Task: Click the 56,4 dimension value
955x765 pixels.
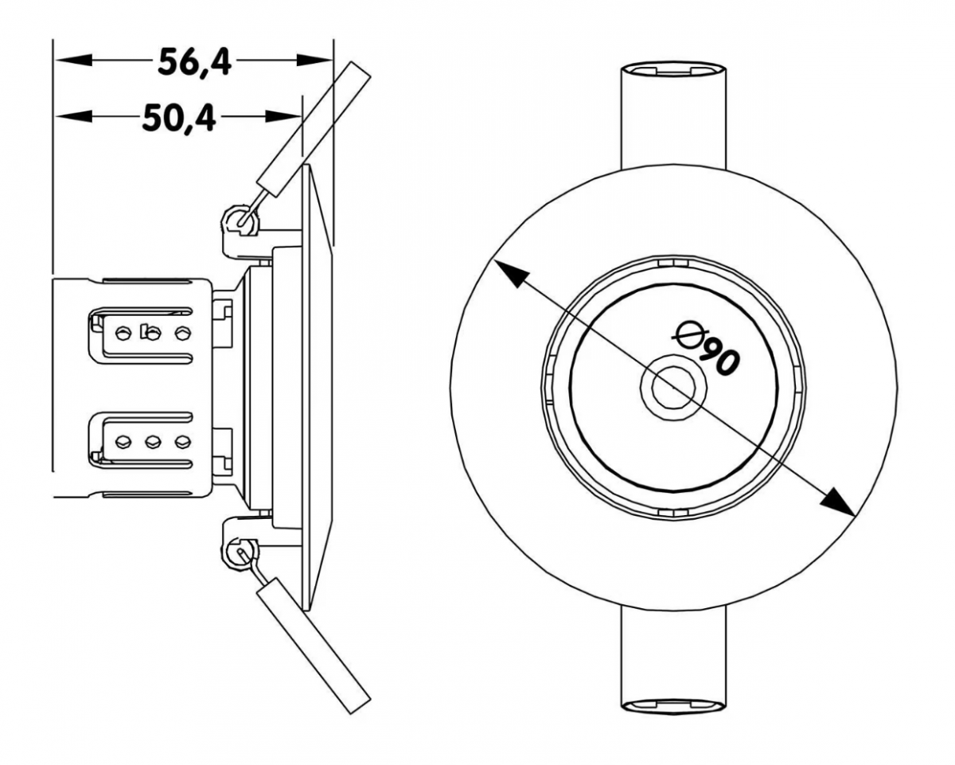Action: pos(195,63)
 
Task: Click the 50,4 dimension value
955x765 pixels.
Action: pos(179,118)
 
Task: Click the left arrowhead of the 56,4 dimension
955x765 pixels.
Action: pos(72,60)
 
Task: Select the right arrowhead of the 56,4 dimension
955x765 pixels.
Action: pos(314,60)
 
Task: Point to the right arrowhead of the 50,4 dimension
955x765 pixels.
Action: pos(283,116)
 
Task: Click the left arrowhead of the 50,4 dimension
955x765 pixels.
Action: pos(73,116)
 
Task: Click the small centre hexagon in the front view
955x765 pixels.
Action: pos(673,387)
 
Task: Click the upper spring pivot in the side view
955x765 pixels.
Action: pos(241,220)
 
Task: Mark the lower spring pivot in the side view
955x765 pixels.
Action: pos(241,554)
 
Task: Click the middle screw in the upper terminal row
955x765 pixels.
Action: pos(152,333)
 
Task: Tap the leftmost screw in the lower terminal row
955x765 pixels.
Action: pos(122,442)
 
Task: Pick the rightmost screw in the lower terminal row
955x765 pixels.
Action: pos(183,442)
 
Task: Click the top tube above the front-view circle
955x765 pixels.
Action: pos(673,115)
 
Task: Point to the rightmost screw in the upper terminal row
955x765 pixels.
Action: pos(183,333)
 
